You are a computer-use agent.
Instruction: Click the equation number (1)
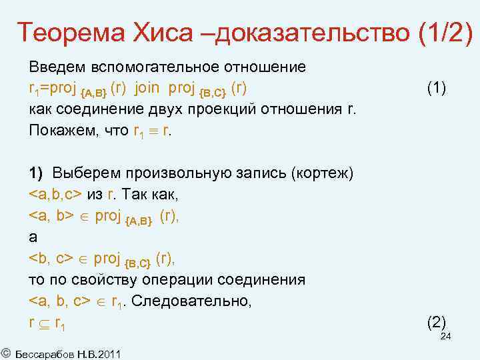[x=437, y=88]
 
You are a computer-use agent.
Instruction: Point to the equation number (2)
[x=436, y=323]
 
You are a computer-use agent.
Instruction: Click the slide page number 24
[x=446, y=337]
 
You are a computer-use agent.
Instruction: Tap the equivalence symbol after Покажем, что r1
[x=153, y=131]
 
